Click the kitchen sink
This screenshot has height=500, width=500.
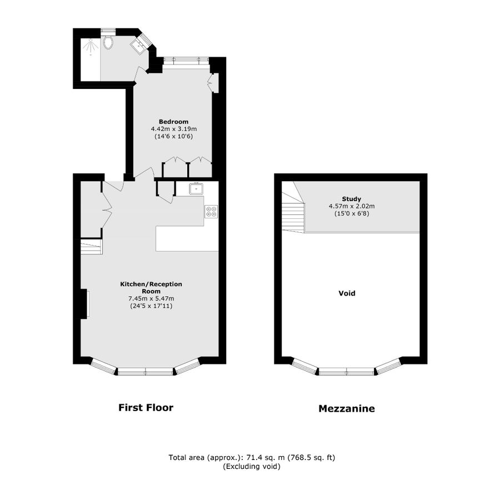196,189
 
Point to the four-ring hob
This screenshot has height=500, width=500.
212,211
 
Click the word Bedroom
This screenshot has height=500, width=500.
173,122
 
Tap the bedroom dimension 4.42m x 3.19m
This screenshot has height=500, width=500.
173,129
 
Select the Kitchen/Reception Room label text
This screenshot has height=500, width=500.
151,287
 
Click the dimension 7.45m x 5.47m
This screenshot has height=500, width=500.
151,298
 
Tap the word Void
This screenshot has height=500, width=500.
347,293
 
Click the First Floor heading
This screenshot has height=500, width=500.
146,408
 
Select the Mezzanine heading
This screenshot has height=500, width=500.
347,409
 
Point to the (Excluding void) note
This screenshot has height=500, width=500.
251,467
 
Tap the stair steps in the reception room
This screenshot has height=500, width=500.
91,246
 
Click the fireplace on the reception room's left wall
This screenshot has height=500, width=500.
85,304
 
